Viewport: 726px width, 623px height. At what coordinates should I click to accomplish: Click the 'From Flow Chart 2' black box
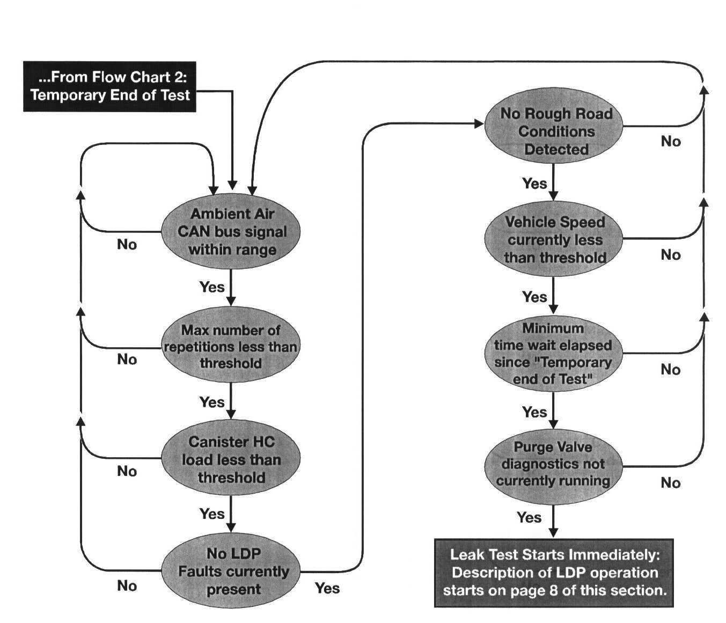pyautogui.click(x=110, y=86)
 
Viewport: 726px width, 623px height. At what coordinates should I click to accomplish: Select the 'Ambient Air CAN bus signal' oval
pyautogui.click(x=231, y=232)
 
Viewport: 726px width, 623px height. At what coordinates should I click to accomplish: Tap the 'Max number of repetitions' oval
pyautogui.click(x=231, y=347)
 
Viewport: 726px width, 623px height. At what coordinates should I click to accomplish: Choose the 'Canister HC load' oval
pyautogui.click(x=231, y=460)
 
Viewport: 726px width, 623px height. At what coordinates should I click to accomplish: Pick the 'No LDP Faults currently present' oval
pyautogui.click(x=231, y=571)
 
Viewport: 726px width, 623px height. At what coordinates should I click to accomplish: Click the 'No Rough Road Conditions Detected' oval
pyautogui.click(x=554, y=131)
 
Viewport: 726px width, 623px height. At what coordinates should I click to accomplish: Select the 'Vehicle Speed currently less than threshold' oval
pyautogui.click(x=554, y=240)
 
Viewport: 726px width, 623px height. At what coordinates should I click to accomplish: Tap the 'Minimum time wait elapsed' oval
pyautogui.click(x=553, y=354)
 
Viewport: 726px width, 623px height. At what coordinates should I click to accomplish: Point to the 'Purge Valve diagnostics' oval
pyautogui.click(x=553, y=464)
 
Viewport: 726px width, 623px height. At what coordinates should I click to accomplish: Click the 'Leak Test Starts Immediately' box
pyautogui.click(x=554, y=573)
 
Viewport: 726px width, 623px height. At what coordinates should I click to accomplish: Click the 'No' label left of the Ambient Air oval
pyautogui.click(x=127, y=245)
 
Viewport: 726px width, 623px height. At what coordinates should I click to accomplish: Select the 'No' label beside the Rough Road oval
pyautogui.click(x=670, y=142)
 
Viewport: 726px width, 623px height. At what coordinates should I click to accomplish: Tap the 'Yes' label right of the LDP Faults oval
pyautogui.click(x=327, y=589)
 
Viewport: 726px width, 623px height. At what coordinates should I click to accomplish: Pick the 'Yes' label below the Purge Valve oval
pyautogui.click(x=529, y=518)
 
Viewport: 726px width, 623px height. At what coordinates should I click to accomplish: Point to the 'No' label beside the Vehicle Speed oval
pyautogui.click(x=670, y=255)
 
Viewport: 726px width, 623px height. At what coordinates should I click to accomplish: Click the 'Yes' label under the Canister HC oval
pyautogui.click(x=211, y=514)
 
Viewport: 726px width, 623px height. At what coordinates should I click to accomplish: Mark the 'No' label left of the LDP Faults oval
pyautogui.click(x=127, y=586)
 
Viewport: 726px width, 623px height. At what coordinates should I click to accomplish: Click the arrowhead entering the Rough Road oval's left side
pyautogui.click(x=480, y=124)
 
